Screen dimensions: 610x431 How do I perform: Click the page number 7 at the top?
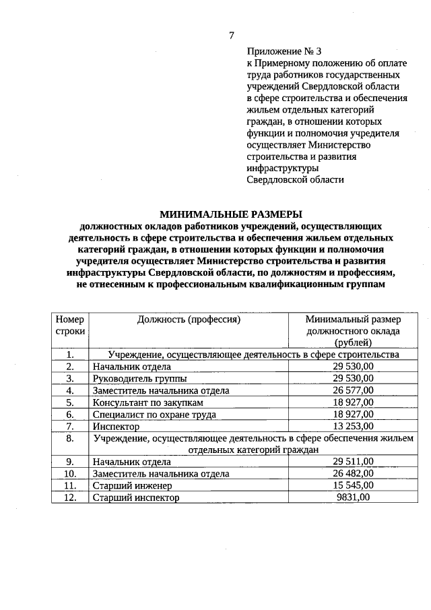click(x=231, y=35)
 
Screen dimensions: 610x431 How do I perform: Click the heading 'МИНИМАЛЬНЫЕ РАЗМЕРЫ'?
click(x=231, y=214)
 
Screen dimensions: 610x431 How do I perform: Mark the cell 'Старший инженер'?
click(x=133, y=485)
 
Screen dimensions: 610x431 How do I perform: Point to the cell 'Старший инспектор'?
click(x=137, y=497)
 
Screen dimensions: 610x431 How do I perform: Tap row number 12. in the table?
click(x=69, y=497)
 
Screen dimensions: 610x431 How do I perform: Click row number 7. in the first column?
click(x=69, y=427)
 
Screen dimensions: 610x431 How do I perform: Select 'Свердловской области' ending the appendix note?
click(x=295, y=180)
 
